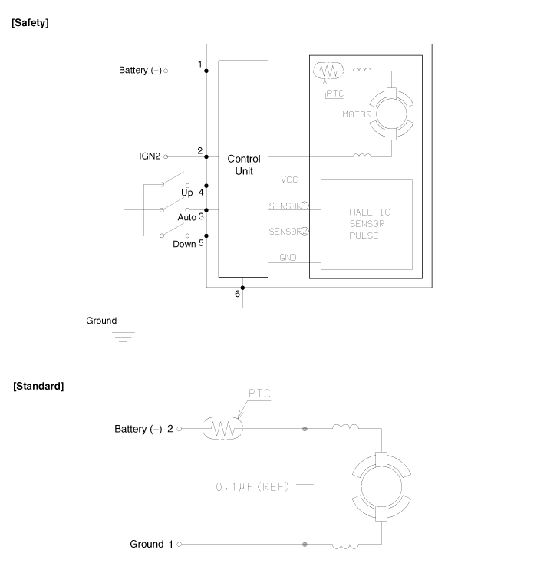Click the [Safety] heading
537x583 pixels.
tap(31, 23)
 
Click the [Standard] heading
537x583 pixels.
tap(39, 385)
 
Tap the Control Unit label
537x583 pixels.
tap(243, 164)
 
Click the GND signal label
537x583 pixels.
tap(288, 258)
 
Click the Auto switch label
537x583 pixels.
tap(187, 218)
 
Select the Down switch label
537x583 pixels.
tap(184, 245)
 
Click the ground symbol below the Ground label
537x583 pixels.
tap(124, 334)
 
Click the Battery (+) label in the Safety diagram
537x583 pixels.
tap(140, 71)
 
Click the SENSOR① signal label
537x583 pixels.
tap(288, 206)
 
